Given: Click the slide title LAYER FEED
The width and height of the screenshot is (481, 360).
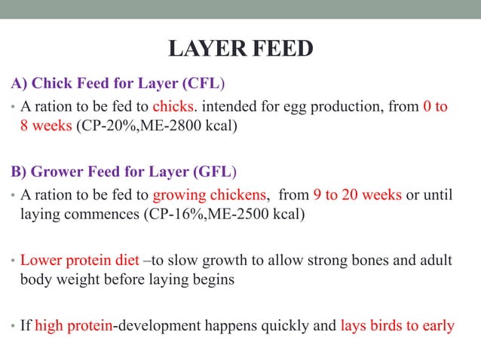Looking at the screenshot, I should click(x=240, y=50).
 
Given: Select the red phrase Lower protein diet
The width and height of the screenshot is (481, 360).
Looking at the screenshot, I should click(x=80, y=261).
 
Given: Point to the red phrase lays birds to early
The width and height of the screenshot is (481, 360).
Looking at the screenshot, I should click(x=397, y=326).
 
